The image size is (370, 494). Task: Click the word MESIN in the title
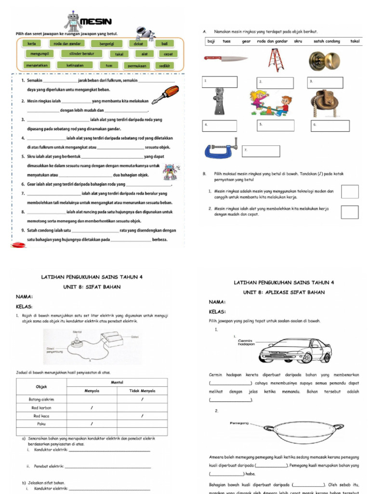[x=96, y=22]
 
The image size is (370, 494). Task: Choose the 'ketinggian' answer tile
[x=70, y=65]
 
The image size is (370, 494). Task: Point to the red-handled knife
[x=225, y=59]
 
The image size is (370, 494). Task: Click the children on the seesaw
[x=270, y=103]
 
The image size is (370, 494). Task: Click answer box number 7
[x=261, y=151]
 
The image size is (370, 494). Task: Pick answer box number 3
[x=329, y=82]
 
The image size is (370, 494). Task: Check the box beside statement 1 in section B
[x=349, y=192]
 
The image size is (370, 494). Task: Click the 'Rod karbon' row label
[x=42, y=408]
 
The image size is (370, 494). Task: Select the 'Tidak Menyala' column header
[x=142, y=391]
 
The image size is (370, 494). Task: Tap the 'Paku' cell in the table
[x=42, y=424]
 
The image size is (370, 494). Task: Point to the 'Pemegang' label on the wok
[x=239, y=423]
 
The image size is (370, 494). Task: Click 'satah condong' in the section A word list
[x=327, y=41]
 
